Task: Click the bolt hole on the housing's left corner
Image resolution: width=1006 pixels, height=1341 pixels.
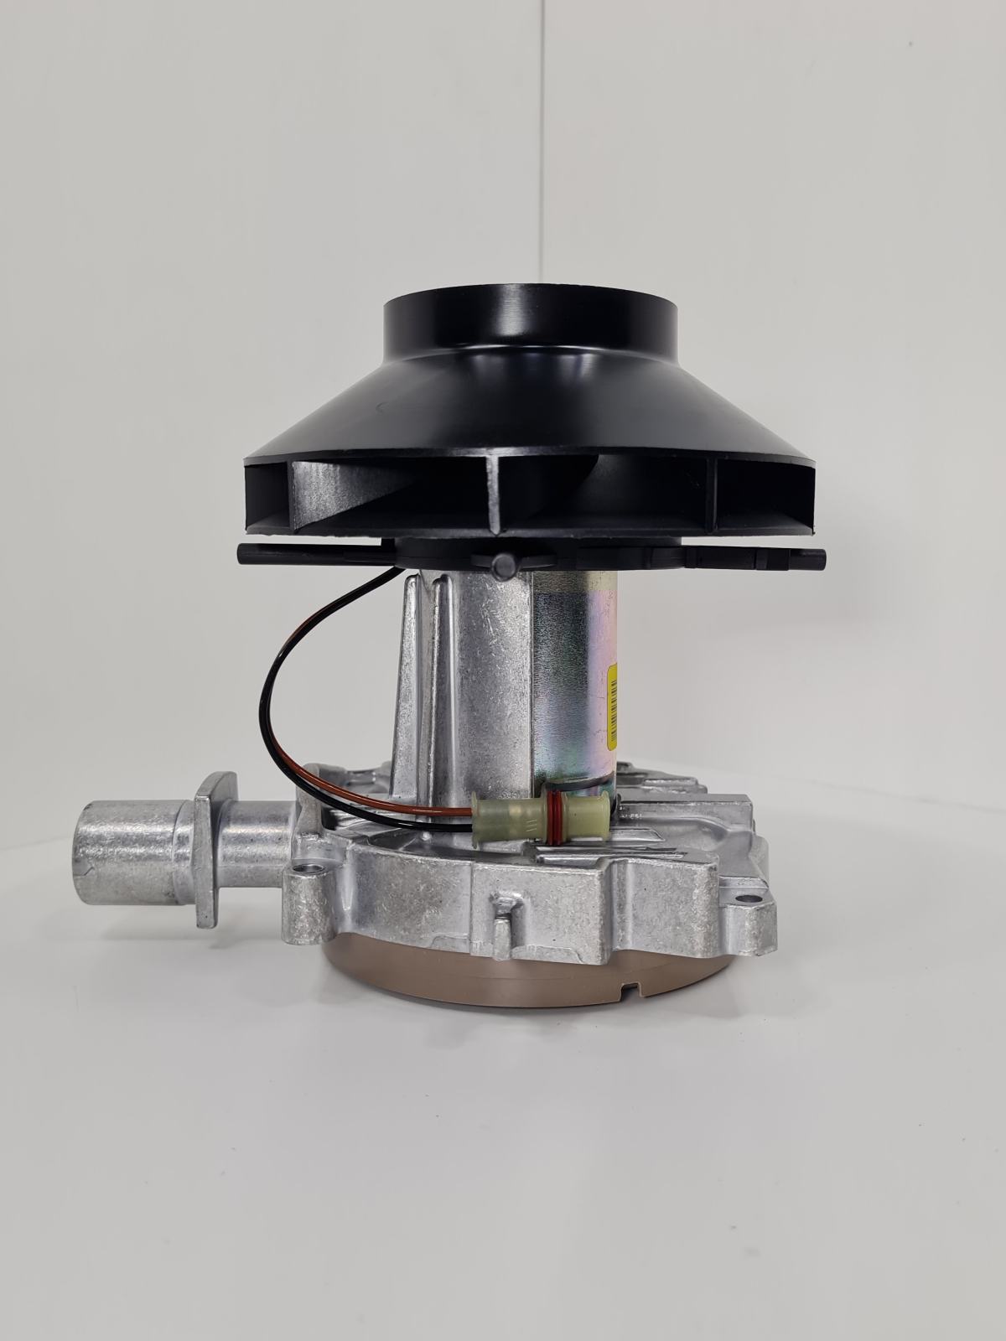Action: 318,866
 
